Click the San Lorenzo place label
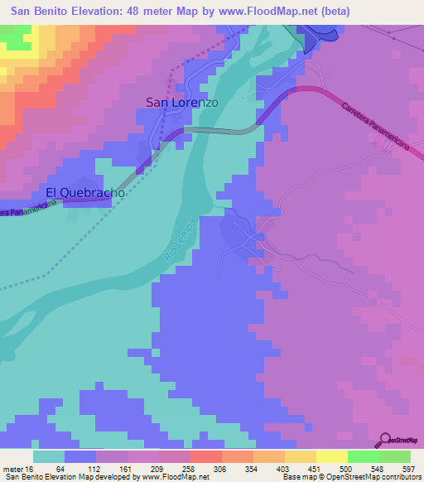click(x=182, y=103)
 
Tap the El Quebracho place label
click(x=85, y=192)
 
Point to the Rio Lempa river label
click(x=180, y=241)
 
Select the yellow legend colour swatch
click(x=331, y=456)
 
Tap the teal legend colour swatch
click(x=48, y=456)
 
